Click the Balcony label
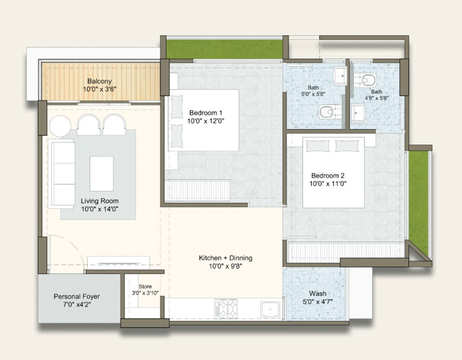coord(99,81)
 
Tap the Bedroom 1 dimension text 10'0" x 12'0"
coord(206,121)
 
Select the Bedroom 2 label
coord(327,176)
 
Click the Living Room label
coord(99,201)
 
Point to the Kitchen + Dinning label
coord(225,258)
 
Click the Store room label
coord(145,286)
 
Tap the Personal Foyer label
coord(77,297)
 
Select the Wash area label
coord(317,294)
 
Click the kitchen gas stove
coord(226,309)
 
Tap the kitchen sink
coord(270,309)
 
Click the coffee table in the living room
coord(102,174)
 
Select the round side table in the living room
coord(60,126)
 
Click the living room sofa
coord(62,174)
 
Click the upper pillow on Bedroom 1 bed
coord(177,107)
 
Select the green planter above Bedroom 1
coord(225,48)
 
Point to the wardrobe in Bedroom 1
coord(198,190)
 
